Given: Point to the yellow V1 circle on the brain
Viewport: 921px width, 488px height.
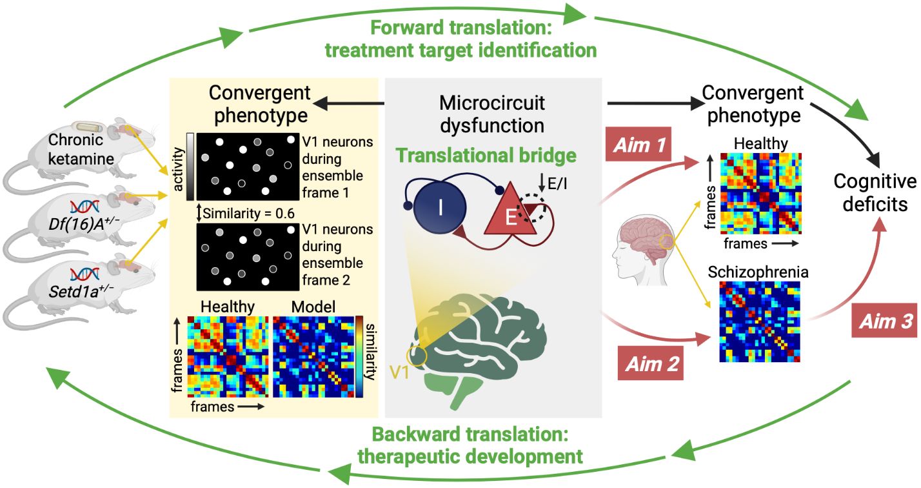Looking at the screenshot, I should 416,356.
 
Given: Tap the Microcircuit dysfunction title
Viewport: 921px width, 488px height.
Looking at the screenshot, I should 492,113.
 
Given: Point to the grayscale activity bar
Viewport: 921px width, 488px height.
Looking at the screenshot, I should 190,167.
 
